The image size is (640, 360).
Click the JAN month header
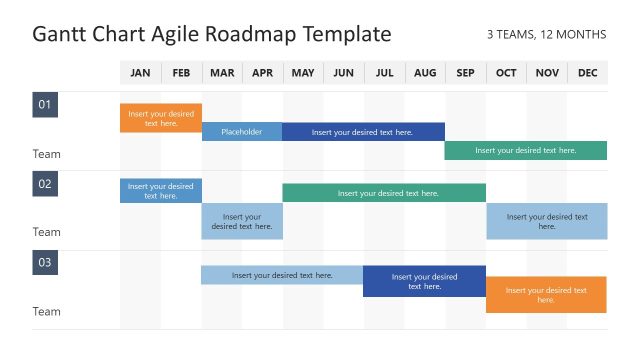(140, 73)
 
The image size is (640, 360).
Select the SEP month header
(465, 73)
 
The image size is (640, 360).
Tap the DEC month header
(587, 73)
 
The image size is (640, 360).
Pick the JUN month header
(343, 73)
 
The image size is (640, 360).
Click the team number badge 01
(45, 105)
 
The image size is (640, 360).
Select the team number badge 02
(45, 184)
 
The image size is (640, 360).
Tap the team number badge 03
(45, 263)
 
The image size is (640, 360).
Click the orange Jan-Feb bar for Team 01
(161, 118)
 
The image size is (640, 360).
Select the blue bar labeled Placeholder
(241, 131)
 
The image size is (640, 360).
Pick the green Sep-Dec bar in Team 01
(525, 150)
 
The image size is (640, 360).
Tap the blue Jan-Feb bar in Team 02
(161, 190)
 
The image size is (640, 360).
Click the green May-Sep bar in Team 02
(384, 192)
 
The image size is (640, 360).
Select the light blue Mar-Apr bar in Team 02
(241, 221)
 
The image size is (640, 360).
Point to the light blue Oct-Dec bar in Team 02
(546, 221)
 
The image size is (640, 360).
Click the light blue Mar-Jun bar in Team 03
(282, 275)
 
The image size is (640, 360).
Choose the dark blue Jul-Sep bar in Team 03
(424, 281)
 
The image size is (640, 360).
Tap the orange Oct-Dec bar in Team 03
(546, 294)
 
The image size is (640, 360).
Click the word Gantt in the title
(60, 35)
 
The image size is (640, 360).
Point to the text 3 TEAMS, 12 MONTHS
(546, 35)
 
